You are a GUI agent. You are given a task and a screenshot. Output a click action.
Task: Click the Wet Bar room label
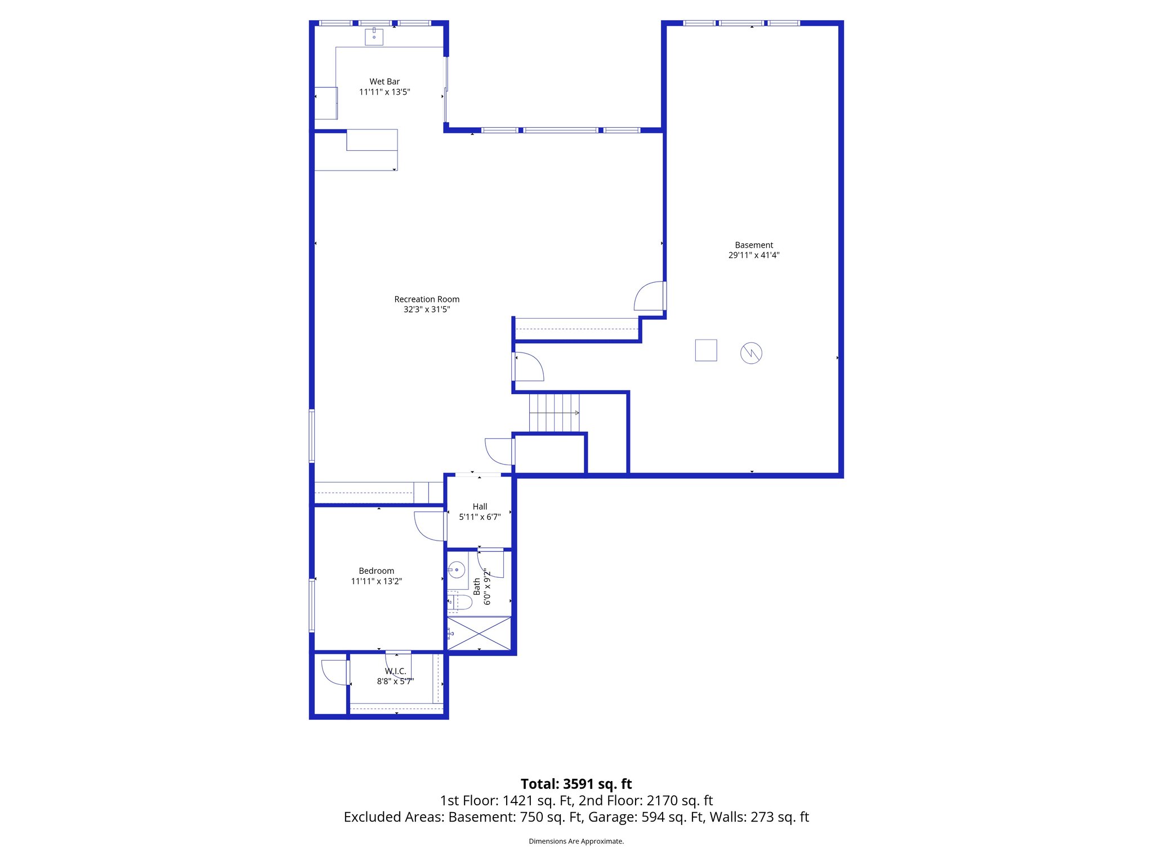tap(385, 82)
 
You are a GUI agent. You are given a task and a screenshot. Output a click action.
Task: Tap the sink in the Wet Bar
tap(374, 37)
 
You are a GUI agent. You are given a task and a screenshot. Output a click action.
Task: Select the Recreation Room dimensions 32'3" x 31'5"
tap(427, 309)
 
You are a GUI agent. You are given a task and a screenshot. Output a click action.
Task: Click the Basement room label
tap(754, 245)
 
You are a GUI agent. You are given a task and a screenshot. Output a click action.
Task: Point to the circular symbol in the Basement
tap(751, 353)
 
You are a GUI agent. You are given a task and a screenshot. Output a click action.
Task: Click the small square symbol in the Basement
tap(706, 350)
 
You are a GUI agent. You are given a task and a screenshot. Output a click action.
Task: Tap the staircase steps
tap(554, 412)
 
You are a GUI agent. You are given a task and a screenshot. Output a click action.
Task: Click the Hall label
tap(480, 507)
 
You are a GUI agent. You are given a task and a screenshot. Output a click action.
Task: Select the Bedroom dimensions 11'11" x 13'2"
tap(376, 581)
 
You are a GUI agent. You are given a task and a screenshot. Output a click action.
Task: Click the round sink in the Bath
tap(457, 570)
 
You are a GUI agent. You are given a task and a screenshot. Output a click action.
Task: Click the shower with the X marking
tap(479, 634)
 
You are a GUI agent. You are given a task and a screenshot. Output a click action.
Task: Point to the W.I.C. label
tap(395, 671)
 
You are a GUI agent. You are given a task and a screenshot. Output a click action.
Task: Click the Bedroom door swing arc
tap(428, 527)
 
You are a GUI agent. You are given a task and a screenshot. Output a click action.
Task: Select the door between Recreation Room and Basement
tap(650, 296)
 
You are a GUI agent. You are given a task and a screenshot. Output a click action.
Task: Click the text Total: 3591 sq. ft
tap(576, 784)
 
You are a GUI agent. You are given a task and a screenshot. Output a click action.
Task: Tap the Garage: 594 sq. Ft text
tap(672, 817)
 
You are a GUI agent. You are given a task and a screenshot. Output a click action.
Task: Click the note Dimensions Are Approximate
tap(576, 841)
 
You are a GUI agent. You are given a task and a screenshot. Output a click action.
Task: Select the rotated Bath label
tap(477, 586)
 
